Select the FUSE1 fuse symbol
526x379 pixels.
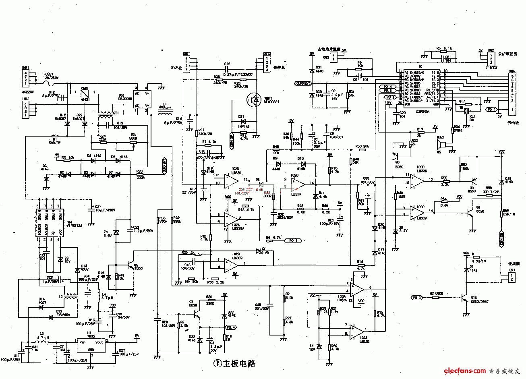[50, 83]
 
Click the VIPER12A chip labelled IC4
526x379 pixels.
[48, 222]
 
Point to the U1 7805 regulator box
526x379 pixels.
[91, 346]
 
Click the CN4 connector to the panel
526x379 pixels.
[512, 93]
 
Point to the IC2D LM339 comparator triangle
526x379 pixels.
[232, 180]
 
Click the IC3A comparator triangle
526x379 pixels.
[357, 288]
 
